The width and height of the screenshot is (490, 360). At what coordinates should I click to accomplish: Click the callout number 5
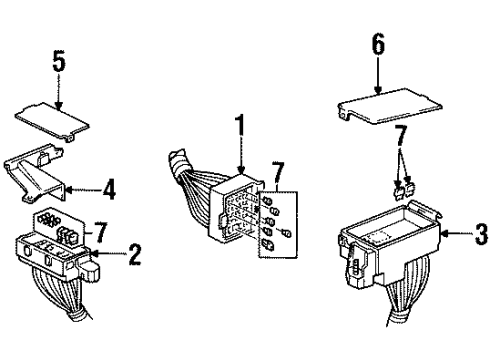[59, 62]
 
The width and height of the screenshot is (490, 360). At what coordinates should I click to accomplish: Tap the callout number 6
[378, 43]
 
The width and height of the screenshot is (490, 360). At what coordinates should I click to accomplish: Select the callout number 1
[241, 127]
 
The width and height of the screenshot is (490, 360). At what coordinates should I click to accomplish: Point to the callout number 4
[109, 190]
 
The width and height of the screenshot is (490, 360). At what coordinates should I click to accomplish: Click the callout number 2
[135, 254]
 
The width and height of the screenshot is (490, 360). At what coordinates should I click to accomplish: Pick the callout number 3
[481, 234]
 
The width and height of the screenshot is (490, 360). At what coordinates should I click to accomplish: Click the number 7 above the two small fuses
[401, 136]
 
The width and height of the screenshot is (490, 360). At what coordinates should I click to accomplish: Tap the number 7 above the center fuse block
[278, 173]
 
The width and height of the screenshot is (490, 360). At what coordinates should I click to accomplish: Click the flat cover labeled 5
[52, 121]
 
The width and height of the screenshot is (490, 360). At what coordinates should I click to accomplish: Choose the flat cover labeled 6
[390, 106]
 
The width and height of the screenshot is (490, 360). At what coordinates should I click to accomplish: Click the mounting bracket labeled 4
[35, 173]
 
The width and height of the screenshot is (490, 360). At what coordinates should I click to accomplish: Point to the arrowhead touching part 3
[445, 234]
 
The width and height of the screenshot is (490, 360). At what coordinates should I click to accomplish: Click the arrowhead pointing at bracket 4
[69, 190]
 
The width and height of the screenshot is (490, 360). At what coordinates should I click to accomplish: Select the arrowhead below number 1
[242, 170]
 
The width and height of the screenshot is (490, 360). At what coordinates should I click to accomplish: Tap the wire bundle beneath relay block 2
[63, 293]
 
